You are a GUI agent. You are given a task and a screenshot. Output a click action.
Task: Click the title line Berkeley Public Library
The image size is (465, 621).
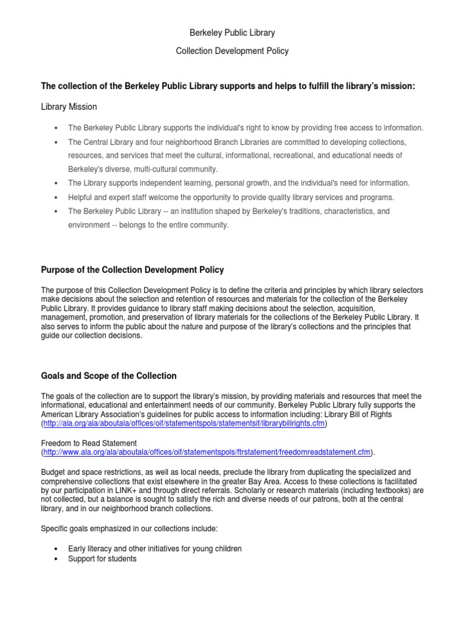(x=232, y=33)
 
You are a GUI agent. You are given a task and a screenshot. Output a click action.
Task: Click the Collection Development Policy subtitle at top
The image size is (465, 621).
(x=232, y=51)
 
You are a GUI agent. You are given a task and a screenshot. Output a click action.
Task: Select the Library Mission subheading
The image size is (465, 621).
(x=68, y=107)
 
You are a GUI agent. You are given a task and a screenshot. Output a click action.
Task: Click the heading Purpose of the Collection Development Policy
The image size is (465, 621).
(x=132, y=269)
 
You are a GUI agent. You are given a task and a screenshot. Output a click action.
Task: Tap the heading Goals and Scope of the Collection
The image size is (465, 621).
(x=108, y=375)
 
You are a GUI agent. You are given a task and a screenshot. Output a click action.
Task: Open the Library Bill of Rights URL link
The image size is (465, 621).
(x=184, y=423)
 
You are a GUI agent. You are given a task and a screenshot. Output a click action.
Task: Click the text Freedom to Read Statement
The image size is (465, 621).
(x=89, y=443)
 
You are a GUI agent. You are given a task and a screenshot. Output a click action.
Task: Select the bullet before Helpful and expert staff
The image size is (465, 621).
(x=56, y=198)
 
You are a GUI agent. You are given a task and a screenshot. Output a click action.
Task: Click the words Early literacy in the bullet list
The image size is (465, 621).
(x=88, y=549)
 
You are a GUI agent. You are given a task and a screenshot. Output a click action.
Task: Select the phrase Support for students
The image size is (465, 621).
(x=102, y=559)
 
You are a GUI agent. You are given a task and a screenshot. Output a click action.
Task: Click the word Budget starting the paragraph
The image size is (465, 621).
(x=53, y=471)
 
